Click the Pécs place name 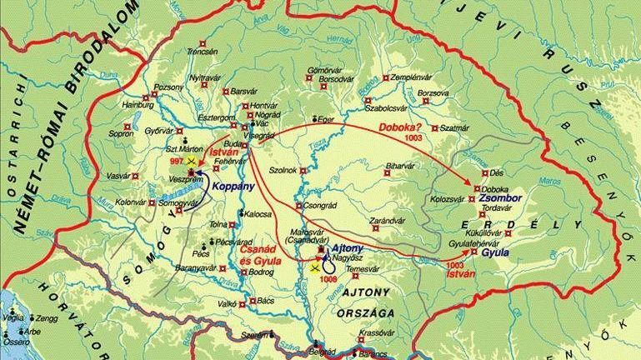200,251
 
